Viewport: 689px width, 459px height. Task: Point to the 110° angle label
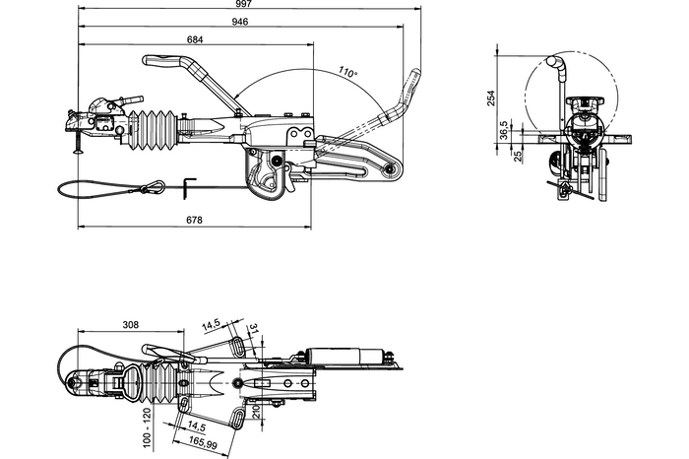[345, 72]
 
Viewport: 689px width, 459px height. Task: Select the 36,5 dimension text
[504, 129]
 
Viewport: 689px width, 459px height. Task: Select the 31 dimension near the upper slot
[254, 329]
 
